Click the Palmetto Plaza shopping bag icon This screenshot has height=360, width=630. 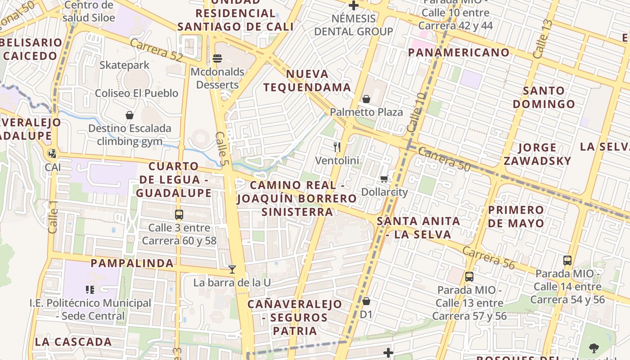(366, 99)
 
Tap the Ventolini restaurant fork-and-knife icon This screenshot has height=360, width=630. (337, 147)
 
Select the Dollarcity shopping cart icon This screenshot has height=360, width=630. (384, 179)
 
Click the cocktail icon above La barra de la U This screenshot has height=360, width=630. (232, 269)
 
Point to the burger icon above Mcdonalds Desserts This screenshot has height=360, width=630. (217, 58)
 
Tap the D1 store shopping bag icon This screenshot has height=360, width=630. (366, 301)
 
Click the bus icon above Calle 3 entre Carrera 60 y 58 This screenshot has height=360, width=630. (179, 214)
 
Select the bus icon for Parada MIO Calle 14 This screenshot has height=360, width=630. (567, 260)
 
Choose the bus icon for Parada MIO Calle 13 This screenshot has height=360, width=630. (469, 276)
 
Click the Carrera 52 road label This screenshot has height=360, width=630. (156, 50)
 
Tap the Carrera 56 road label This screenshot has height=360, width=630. (488, 258)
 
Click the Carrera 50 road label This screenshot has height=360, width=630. (444, 159)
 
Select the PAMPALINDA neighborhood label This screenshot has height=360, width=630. (132, 263)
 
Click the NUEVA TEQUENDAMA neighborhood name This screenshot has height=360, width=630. (307, 81)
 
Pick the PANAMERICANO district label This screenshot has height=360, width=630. (459, 52)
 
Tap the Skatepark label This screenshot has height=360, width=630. (124, 65)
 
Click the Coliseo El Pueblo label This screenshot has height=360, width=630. (136, 93)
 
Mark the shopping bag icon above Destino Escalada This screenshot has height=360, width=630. (130, 115)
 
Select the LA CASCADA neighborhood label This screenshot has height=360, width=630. (73, 342)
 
